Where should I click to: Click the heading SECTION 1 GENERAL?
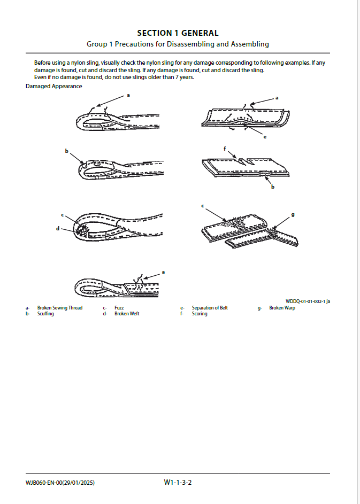point(178,33)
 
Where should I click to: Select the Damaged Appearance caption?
point(54,86)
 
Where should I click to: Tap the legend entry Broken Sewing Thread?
point(60,308)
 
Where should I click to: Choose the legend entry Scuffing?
point(45,314)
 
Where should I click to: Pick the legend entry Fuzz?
point(119,308)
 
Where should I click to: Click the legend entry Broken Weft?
point(127,314)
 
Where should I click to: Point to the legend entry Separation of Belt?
point(210,308)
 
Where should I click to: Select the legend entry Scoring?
point(200,314)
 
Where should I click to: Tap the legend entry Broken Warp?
point(282,308)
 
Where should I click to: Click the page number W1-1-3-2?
point(178,483)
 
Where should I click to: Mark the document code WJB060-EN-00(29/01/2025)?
point(60,483)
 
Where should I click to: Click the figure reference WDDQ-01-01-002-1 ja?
point(308,301)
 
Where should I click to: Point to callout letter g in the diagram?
point(293,214)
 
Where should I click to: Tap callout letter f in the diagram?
point(225,148)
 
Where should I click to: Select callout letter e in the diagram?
point(264,137)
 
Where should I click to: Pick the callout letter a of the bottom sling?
point(163,272)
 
